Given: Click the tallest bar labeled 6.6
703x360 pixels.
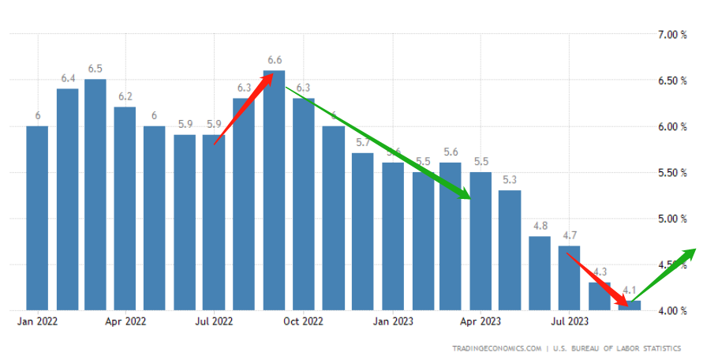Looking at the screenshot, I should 274,189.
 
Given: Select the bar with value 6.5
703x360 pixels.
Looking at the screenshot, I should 95,193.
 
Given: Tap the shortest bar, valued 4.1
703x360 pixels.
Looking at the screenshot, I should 630,306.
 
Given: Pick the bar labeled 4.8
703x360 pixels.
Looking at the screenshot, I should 540,272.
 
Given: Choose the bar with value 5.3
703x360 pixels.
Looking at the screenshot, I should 510,249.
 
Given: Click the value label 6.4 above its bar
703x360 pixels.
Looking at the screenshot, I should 68,78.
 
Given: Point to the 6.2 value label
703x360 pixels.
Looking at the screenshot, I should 125,96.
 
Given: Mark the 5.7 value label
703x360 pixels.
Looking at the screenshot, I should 363,142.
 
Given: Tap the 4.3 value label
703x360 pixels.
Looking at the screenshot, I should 600,272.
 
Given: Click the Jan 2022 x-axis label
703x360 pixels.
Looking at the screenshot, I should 36,322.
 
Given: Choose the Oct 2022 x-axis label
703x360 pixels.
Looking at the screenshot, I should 303,322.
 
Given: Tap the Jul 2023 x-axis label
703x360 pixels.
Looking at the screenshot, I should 569,322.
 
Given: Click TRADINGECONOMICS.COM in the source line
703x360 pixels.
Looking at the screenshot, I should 497,348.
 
